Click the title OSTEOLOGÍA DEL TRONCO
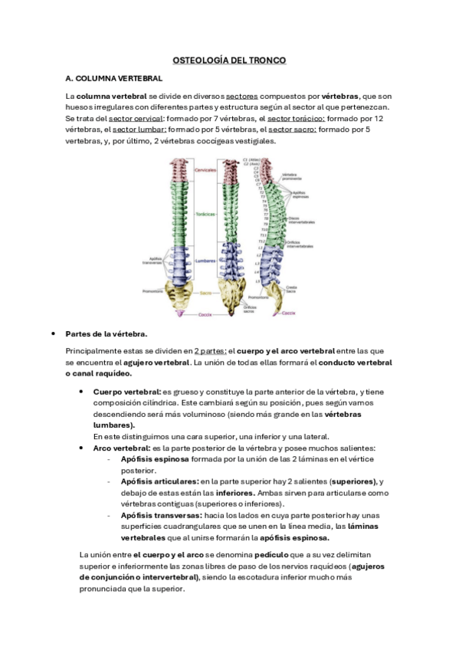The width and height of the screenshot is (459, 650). click(229, 59)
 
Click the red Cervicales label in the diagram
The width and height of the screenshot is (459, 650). click(205, 169)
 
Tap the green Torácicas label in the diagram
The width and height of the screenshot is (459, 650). click(205, 215)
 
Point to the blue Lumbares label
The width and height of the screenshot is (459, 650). click(205, 261)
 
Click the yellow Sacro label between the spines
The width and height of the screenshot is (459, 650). click(205, 293)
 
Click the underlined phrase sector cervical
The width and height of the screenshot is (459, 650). click(133, 119)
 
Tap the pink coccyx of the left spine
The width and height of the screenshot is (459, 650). click(180, 313)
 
